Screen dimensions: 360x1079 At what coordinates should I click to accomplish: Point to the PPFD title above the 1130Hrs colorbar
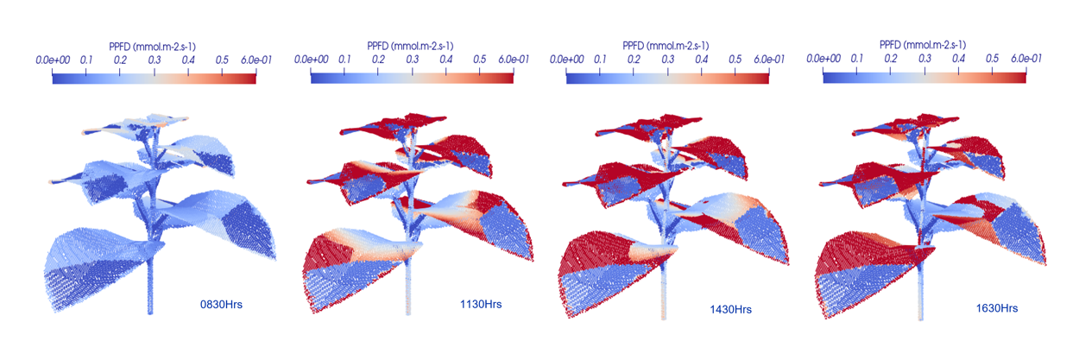coord(412,45)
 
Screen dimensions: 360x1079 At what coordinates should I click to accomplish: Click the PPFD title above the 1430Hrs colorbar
coord(667,45)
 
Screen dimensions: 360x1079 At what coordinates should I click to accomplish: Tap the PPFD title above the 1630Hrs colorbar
coord(924,45)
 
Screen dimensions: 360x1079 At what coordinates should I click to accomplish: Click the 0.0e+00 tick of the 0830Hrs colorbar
coord(54,60)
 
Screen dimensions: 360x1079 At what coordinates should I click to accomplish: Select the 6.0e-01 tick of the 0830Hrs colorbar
coord(256,60)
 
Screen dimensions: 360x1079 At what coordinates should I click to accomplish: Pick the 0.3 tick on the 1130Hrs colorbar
coord(412,60)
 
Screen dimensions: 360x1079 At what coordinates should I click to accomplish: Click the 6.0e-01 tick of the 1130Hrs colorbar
coord(514,60)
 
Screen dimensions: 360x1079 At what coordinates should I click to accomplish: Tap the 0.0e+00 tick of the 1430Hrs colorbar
coord(567,60)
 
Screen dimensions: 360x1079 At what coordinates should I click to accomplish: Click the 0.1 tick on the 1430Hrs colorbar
coord(601,60)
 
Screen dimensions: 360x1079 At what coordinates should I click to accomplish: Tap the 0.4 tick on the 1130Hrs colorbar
coord(445,60)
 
